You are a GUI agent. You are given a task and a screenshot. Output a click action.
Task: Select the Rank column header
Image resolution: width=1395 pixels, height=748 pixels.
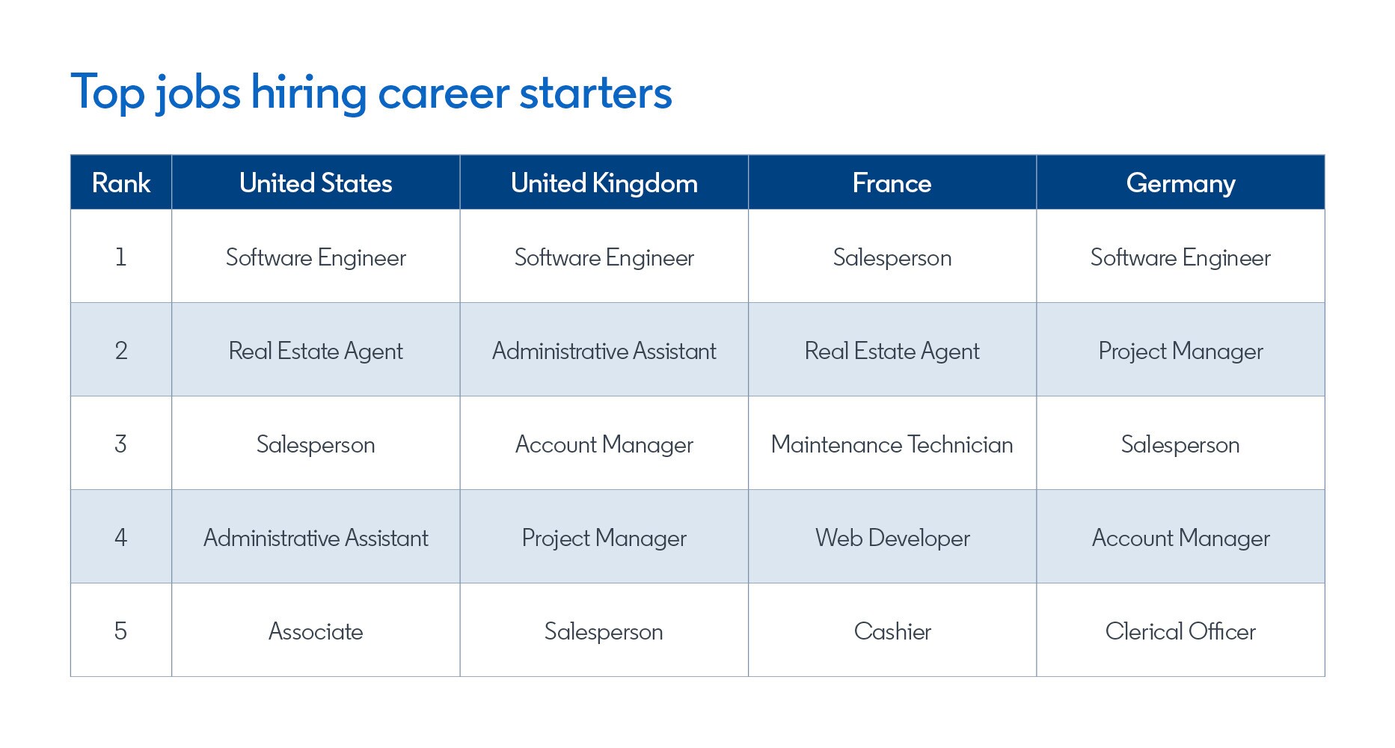click(121, 183)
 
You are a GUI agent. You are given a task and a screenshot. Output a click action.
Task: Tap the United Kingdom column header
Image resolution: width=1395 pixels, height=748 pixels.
click(604, 183)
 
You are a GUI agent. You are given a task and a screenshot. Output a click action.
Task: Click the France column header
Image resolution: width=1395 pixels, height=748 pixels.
click(892, 183)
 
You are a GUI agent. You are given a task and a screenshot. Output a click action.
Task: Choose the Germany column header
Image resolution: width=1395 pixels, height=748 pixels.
click(1180, 184)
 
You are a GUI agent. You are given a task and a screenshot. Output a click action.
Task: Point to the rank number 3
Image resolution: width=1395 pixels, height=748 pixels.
click(120, 444)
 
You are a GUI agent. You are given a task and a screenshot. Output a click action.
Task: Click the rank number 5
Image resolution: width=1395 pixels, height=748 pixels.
click(120, 631)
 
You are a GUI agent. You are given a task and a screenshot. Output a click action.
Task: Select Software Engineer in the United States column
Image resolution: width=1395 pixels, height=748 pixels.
click(316, 258)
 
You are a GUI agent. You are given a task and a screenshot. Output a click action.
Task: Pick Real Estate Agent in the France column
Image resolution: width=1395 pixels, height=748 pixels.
click(892, 352)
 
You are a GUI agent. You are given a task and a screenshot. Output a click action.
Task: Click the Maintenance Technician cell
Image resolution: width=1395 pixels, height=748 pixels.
click(892, 444)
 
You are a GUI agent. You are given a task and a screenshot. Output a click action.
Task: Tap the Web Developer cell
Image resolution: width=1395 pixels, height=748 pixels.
click(892, 539)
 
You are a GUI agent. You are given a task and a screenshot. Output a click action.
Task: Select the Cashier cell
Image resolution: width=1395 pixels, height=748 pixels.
click(892, 631)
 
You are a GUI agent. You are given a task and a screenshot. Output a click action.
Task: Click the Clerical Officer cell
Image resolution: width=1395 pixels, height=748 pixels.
click(1180, 631)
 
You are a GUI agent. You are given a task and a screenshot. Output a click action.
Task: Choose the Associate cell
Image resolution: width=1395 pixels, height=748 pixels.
click(316, 631)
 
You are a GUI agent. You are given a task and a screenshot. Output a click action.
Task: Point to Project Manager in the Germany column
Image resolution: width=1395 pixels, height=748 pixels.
click(1180, 352)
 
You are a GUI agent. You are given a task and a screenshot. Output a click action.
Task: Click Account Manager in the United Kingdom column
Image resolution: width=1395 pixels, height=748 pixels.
click(604, 445)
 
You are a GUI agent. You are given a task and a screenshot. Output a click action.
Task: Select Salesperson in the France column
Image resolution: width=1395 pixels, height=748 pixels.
click(892, 258)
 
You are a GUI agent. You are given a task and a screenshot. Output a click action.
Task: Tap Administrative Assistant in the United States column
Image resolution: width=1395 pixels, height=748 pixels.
click(316, 538)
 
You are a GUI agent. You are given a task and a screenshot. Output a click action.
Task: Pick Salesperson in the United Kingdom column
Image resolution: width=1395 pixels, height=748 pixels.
click(604, 632)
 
